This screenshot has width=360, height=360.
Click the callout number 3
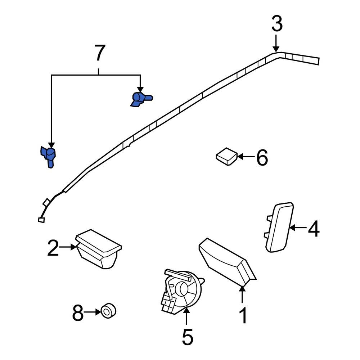click(276, 24)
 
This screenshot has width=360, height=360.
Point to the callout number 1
click(243, 316)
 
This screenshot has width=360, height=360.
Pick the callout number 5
click(187, 337)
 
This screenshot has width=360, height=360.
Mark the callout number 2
click(53, 248)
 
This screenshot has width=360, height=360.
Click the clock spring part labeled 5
click(181, 290)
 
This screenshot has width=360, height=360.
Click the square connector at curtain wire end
click(41, 219)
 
